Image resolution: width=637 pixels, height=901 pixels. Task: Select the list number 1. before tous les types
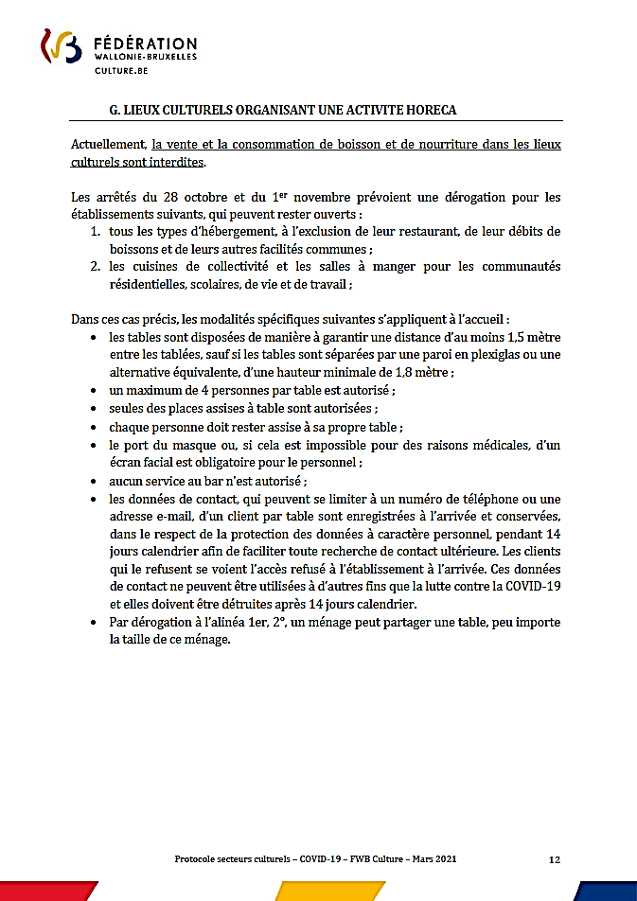pos(97,232)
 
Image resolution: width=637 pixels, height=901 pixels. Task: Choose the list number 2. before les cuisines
pos(97,266)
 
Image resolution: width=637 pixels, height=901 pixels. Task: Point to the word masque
pos(191,445)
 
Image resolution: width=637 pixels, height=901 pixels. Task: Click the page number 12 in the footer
pos(555,859)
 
